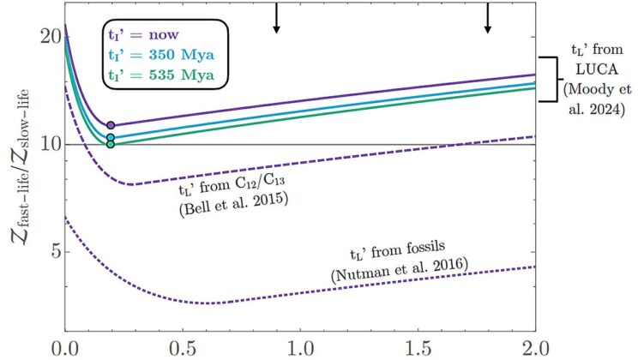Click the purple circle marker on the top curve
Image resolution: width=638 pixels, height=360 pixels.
click(x=111, y=125)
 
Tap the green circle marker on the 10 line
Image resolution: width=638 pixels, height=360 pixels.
click(x=111, y=144)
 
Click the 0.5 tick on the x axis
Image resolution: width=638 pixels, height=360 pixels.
click(x=183, y=350)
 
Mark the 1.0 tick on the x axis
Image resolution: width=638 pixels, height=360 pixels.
click(x=300, y=350)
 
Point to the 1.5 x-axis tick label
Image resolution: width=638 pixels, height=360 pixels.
click(x=418, y=350)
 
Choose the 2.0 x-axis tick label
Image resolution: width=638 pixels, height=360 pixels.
click(x=534, y=350)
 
